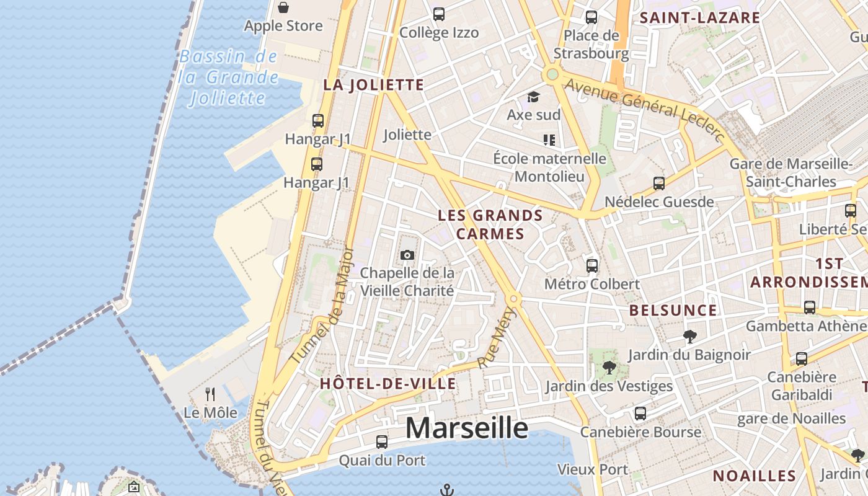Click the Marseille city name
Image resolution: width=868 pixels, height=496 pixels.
pyautogui.click(x=467, y=428)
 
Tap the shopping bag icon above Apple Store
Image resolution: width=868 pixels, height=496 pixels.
pyautogui.click(x=283, y=7)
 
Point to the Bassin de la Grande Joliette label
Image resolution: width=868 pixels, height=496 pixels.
pyautogui.click(x=228, y=77)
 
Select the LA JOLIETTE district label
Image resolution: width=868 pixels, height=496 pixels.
pyautogui.click(x=373, y=86)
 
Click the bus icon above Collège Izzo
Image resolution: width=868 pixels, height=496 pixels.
pyautogui.click(x=439, y=14)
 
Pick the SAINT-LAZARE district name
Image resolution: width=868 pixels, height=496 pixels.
pyautogui.click(x=699, y=18)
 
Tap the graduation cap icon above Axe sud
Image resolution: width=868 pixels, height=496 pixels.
pyautogui.click(x=533, y=97)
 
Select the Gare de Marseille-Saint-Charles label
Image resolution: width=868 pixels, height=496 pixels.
pyautogui.click(x=790, y=173)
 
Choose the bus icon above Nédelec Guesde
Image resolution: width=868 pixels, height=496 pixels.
pyautogui.click(x=659, y=184)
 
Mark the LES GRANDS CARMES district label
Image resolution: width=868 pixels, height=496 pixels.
pyautogui.click(x=490, y=224)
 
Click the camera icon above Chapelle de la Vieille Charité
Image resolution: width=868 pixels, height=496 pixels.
pyautogui.click(x=407, y=255)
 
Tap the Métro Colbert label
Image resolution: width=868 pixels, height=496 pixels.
pyautogui.click(x=591, y=284)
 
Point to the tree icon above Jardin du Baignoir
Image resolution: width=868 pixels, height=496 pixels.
pyautogui.click(x=689, y=337)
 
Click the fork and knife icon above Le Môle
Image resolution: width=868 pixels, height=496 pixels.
pyautogui.click(x=210, y=394)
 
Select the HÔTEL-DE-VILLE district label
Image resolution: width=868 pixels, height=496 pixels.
pyautogui.click(x=388, y=384)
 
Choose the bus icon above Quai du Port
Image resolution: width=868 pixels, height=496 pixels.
pyautogui.click(x=382, y=442)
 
